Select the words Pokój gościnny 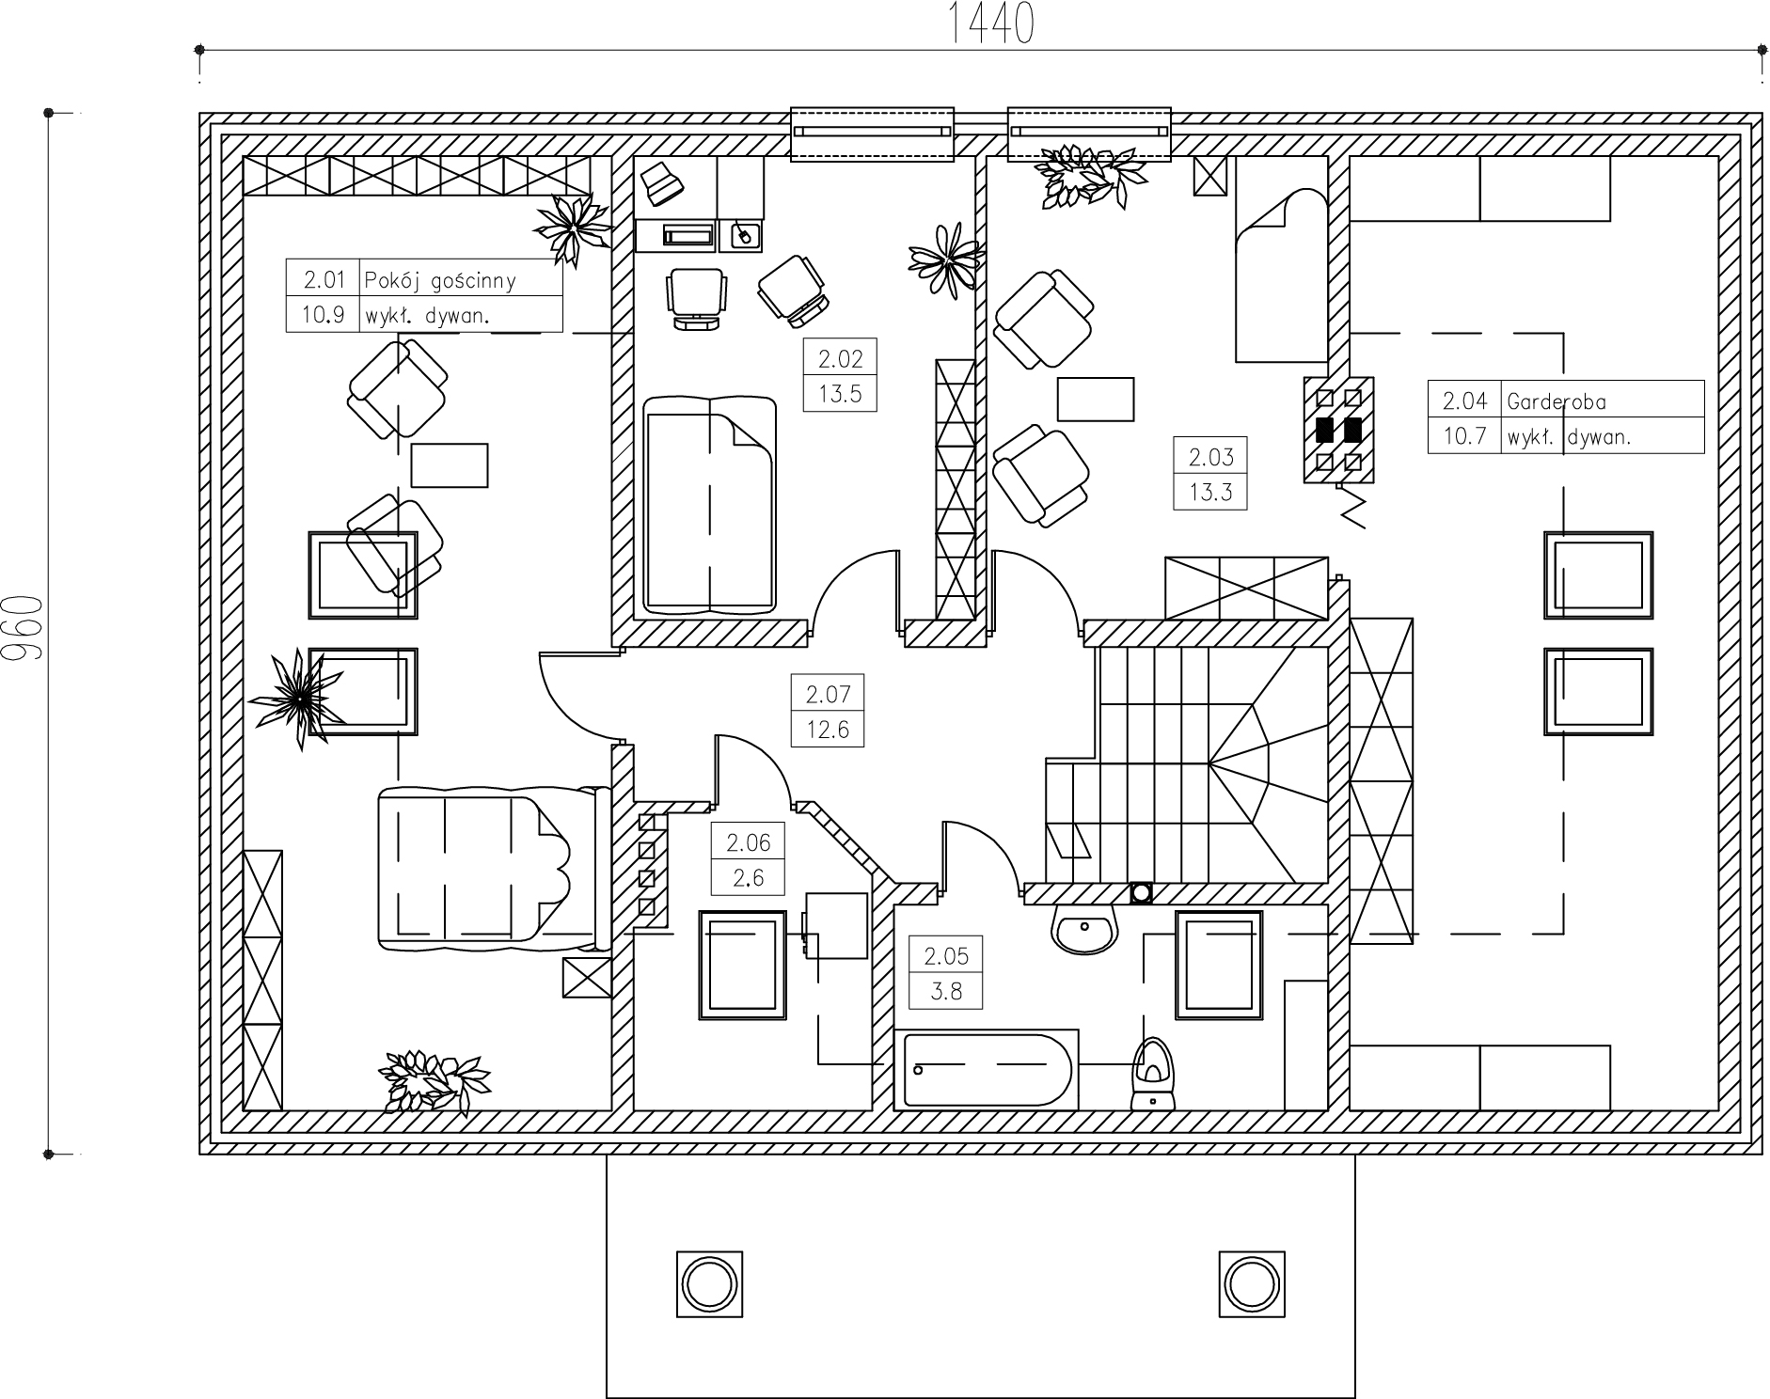440,280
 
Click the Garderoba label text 1557,401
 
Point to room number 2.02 840,358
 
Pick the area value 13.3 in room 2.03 1210,492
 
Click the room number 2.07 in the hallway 828,695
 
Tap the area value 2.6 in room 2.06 748,878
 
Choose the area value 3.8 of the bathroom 945,991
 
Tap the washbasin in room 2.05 1085,928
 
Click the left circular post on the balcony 709,1283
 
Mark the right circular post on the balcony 1252,1283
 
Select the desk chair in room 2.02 696,297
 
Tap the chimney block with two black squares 1338,431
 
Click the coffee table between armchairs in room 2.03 1096,399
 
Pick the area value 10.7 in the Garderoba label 1464,436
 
